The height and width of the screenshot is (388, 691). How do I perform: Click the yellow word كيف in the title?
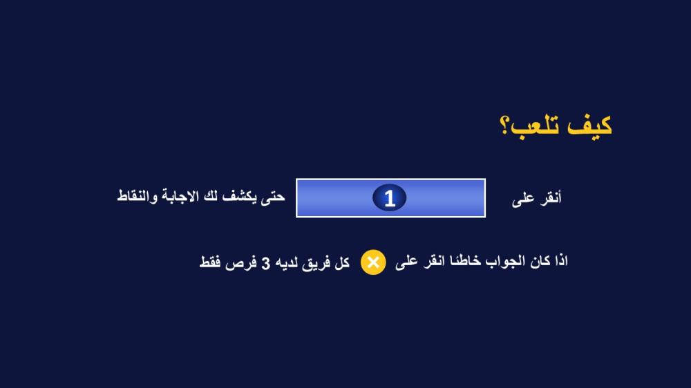pos(589,126)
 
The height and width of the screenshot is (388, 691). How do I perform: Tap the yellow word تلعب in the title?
pos(536,127)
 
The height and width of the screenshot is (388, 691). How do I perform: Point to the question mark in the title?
pos(504,126)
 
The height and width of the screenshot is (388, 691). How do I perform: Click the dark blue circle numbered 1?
pos(390,197)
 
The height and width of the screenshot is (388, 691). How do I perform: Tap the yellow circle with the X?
pos(373,262)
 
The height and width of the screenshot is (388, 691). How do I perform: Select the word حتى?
pos(273,197)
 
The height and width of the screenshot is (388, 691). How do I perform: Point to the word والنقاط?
pos(137,196)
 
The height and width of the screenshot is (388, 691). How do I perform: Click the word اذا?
pos(561,261)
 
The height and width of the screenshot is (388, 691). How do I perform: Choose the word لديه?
pos(287,263)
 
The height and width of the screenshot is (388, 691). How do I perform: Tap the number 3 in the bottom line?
pos(266,264)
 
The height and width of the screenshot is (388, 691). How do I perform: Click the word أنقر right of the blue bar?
pos(551,197)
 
